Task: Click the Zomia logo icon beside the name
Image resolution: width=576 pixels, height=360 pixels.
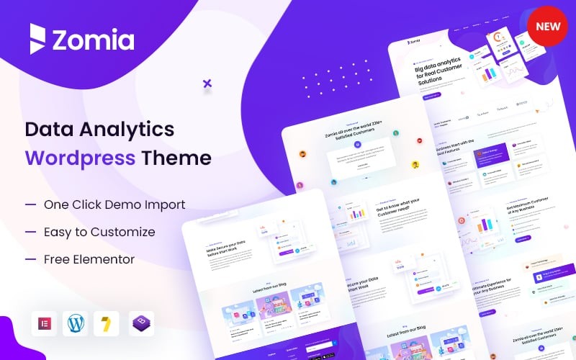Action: [37, 39]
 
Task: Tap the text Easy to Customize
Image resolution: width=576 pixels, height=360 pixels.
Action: [99, 232]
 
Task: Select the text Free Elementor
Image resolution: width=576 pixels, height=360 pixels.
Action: [89, 259]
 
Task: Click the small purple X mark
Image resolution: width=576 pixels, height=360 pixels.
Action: [207, 84]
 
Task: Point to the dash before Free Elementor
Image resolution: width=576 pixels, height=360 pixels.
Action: [30, 259]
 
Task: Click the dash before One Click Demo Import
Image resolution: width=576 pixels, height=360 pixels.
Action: [30, 204]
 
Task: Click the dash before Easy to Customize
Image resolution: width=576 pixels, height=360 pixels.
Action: [30, 232]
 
